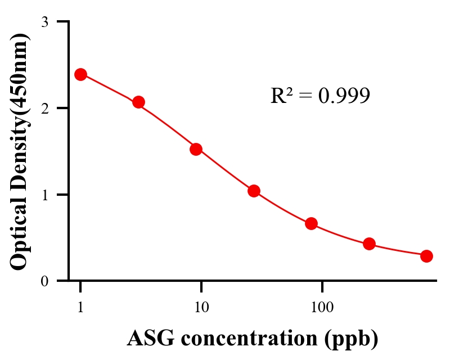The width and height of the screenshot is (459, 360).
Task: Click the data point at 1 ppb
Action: coord(80,74)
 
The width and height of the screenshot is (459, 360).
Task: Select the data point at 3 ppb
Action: coord(138,102)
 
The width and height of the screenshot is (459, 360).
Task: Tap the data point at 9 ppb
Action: coord(196,149)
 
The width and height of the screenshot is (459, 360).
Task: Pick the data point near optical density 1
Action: coord(254,191)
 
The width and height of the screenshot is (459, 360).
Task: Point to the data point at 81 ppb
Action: coord(311,223)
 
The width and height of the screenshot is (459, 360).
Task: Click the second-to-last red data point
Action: coord(369,244)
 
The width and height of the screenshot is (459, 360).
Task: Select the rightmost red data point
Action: coord(426,256)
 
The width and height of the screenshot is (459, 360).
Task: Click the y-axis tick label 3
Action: coord(45,22)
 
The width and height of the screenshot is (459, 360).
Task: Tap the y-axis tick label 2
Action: coord(45,108)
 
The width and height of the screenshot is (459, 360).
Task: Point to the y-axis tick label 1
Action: coord(45,195)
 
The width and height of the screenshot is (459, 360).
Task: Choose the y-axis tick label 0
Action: coord(45,281)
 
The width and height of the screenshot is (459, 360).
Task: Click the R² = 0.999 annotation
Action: coord(319,96)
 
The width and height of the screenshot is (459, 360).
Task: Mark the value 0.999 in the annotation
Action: coord(344,96)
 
